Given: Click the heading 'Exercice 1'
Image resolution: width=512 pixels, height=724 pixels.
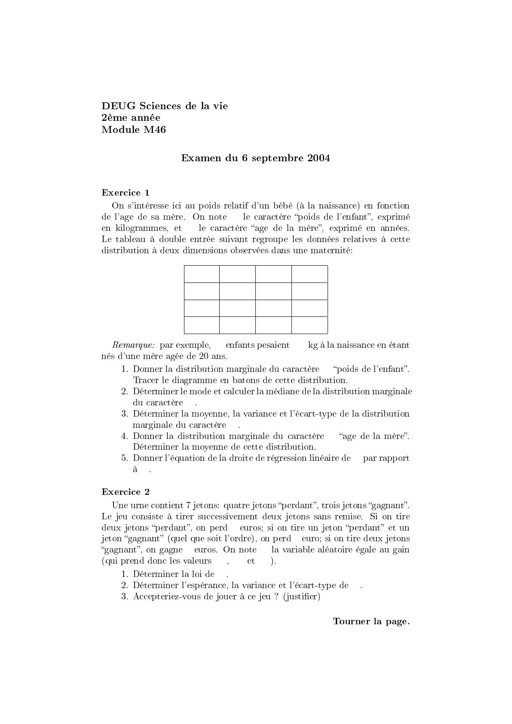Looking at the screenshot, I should [126, 193].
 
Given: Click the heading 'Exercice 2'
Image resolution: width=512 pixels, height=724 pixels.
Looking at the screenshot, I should [126, 492].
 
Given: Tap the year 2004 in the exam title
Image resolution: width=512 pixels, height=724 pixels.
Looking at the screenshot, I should [319, 158].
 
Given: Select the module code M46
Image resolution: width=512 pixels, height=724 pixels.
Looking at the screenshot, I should [155, 130].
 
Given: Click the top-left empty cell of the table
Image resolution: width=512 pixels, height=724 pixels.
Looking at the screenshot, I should [202, 274].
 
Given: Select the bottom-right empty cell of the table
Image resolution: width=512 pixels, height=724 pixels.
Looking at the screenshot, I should [310, 325].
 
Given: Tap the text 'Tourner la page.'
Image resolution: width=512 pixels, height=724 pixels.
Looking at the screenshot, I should [371, 621].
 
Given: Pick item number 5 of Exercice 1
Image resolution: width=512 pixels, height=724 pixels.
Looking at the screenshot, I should [125, 458].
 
